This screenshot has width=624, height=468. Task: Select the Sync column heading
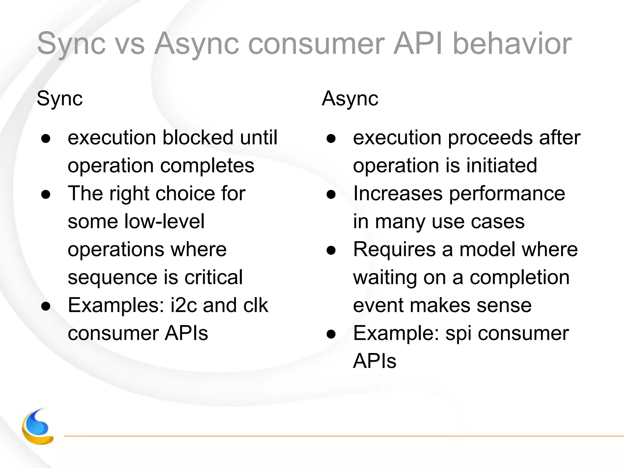tap(59, 98)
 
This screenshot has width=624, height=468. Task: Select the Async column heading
tap(350, 98)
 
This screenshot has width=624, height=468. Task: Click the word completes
tap(207, 165)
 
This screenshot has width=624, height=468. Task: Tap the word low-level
tap(165, 221)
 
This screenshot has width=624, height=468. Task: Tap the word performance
tap(507, 193)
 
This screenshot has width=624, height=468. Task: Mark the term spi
tap(458, 333)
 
